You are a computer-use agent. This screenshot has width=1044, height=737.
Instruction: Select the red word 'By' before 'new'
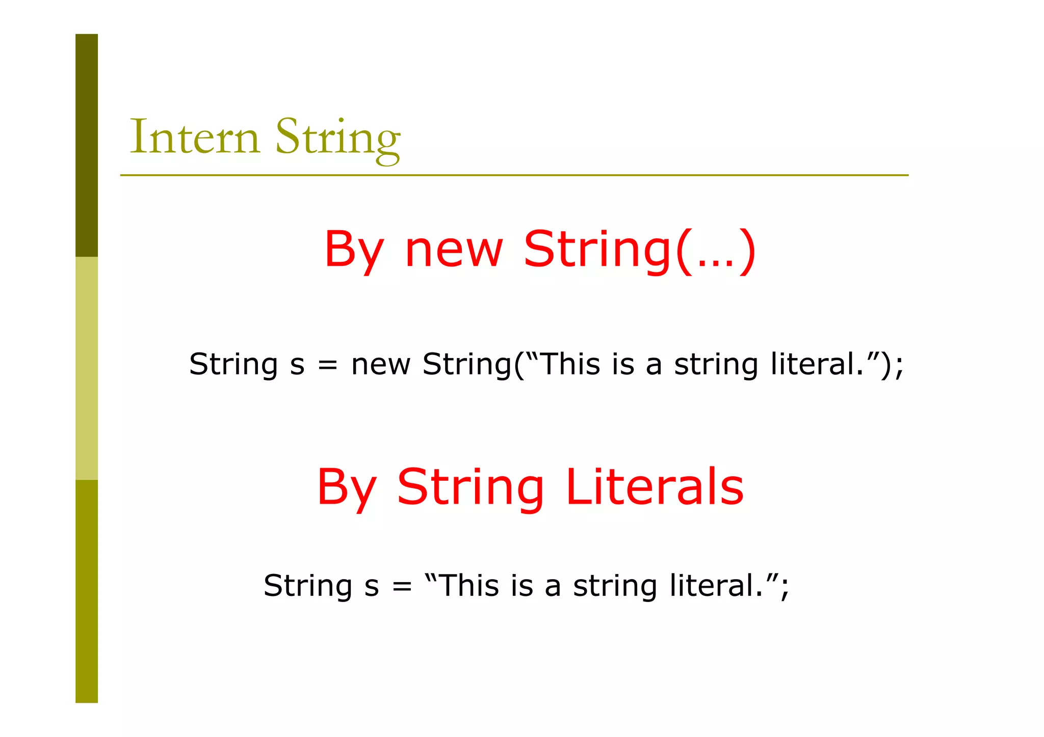pos(354,251)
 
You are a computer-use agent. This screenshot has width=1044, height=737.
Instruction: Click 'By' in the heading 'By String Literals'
pos(347,488)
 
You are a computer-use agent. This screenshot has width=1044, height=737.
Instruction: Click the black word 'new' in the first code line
pos(381,365)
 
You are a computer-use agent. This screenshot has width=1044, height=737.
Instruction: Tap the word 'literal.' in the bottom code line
pos(716,585)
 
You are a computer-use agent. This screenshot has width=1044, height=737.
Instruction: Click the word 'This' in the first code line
pos(570,364)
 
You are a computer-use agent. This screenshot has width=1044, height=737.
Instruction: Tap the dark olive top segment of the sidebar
pos(87,145)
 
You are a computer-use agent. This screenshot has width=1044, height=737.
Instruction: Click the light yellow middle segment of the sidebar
pos(87,368)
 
